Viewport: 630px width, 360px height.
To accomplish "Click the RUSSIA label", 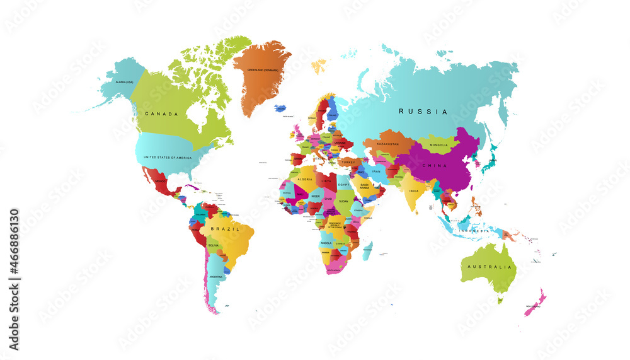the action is [423, 112].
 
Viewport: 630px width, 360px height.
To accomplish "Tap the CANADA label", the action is [161, 114].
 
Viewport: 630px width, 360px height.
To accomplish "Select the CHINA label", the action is [435, 166].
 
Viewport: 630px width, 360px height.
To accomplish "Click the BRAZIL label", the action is [225, 229].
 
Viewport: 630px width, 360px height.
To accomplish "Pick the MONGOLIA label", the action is [438, 145].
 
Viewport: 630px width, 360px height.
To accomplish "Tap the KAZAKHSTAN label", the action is [387, 144].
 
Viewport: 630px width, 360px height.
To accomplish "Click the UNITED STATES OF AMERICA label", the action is [168, 158].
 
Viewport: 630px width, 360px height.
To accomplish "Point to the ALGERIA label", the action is [305, 180].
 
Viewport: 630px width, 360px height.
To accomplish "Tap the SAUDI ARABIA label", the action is [368, 186].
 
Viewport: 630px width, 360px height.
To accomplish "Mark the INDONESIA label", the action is [474, 231].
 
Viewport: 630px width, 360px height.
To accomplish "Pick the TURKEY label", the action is [348, 162].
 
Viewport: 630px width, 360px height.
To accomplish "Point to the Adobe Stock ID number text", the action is [14, 280].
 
